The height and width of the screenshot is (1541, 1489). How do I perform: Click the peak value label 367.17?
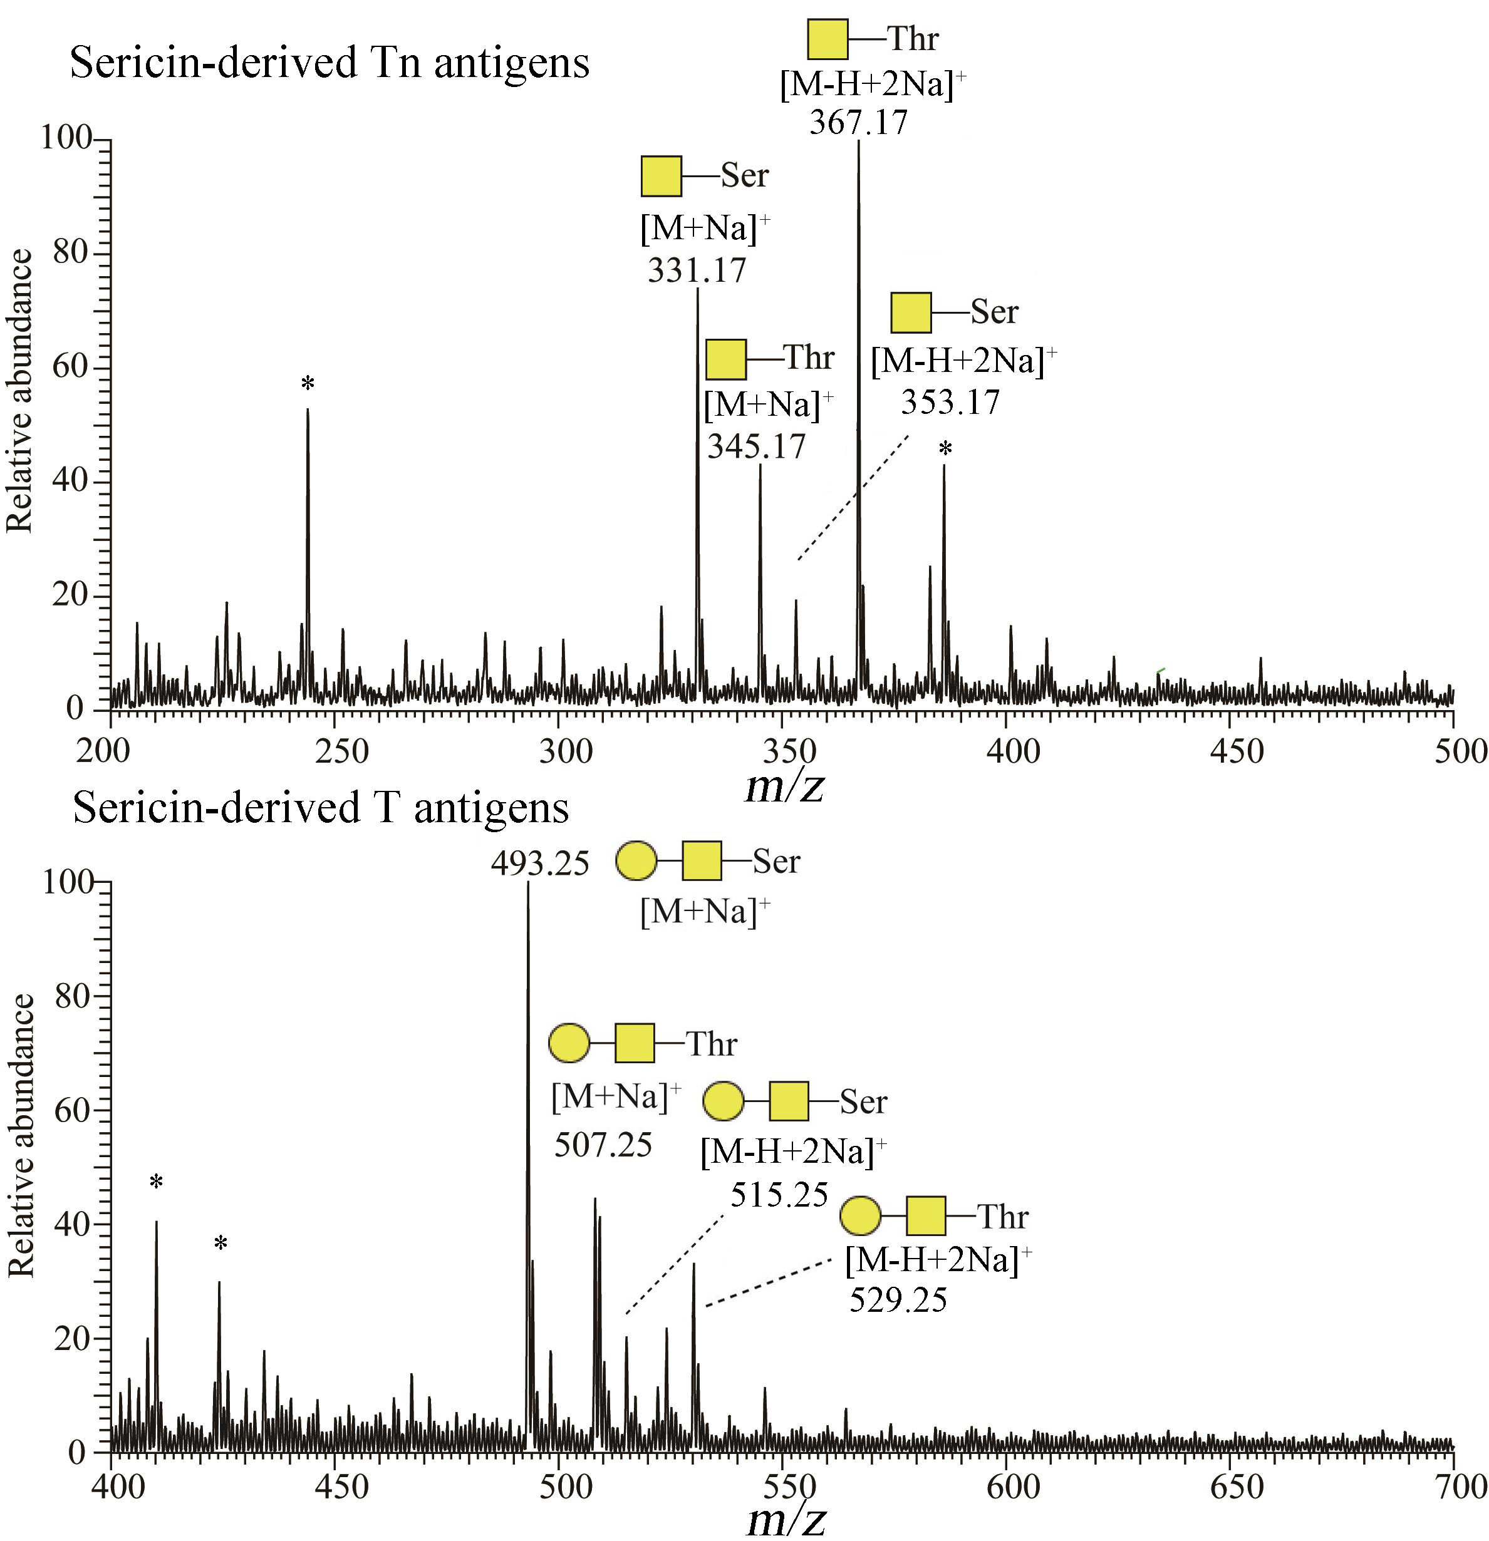click(x=858, y=123)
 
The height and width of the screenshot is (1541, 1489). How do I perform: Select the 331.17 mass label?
click(x=696, y=271)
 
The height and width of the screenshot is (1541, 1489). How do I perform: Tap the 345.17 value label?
click(x=756, y=446)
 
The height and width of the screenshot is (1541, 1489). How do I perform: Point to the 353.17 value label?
click(x=950, y=403)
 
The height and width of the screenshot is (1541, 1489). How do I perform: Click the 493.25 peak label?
click(x=539, y=864)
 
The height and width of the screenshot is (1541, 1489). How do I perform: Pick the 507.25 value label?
click(x=603, y=1145)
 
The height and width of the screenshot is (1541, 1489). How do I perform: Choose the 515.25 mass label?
click(x=779, y=1195)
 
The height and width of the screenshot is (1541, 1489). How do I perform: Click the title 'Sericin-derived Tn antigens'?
click(x=329, y=63)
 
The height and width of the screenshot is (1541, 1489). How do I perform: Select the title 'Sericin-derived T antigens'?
click(x=320, y=808)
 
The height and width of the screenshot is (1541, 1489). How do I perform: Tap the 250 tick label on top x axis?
click(x=341, y=751)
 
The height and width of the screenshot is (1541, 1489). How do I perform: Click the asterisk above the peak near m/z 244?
click(x=308, y=384)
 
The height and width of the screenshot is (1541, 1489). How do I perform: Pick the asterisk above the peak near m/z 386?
click(x=945, y=450)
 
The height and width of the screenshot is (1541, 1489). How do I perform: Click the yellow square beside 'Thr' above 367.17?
click(x=828, y=39)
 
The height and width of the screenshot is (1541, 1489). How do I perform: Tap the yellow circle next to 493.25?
click(x=636, y=861)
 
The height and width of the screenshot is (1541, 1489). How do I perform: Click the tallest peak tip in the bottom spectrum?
click(x=528, y=884)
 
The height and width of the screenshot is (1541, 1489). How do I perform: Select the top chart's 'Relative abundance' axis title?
click(x=19, y=391)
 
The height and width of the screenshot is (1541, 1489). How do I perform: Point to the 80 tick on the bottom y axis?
click(x=71, y=997)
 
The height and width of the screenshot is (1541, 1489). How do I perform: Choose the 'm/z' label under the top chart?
click(x=784, y=786)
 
